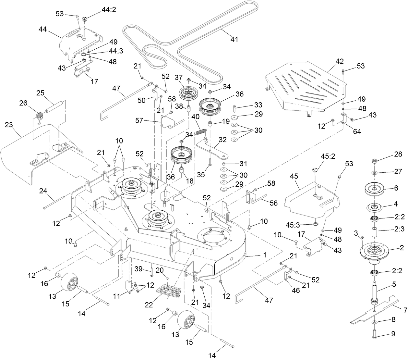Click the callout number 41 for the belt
coord(234,39)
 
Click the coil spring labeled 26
coord(39,116)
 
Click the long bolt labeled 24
coord(57,202)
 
